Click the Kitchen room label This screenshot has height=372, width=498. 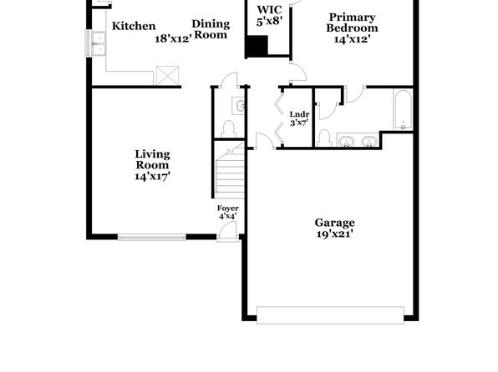click(134, 26)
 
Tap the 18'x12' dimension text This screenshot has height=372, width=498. click(174, 38)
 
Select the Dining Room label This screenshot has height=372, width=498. click(211, 29)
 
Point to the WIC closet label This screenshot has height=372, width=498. click(269, 9)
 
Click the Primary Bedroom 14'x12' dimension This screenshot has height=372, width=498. click(353, 39)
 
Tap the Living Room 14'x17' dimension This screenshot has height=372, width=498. click(153, 176)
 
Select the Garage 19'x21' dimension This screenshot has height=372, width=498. click(335, 234)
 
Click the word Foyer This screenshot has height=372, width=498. click(228, 209)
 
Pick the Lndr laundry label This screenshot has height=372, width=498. click(299, 114)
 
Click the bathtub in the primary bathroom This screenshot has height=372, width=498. click(403, 109)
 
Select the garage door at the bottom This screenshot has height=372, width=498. click(330, 315)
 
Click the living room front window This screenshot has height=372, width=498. click(152, 237)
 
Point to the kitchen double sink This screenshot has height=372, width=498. click(99, 43)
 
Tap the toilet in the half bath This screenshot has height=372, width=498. click(228, 128)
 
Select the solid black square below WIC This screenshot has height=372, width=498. click(257, 46)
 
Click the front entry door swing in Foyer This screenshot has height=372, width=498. click(228, 230)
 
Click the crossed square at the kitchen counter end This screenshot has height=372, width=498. click(167, 75)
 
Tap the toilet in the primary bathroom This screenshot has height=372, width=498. click(324, 138)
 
